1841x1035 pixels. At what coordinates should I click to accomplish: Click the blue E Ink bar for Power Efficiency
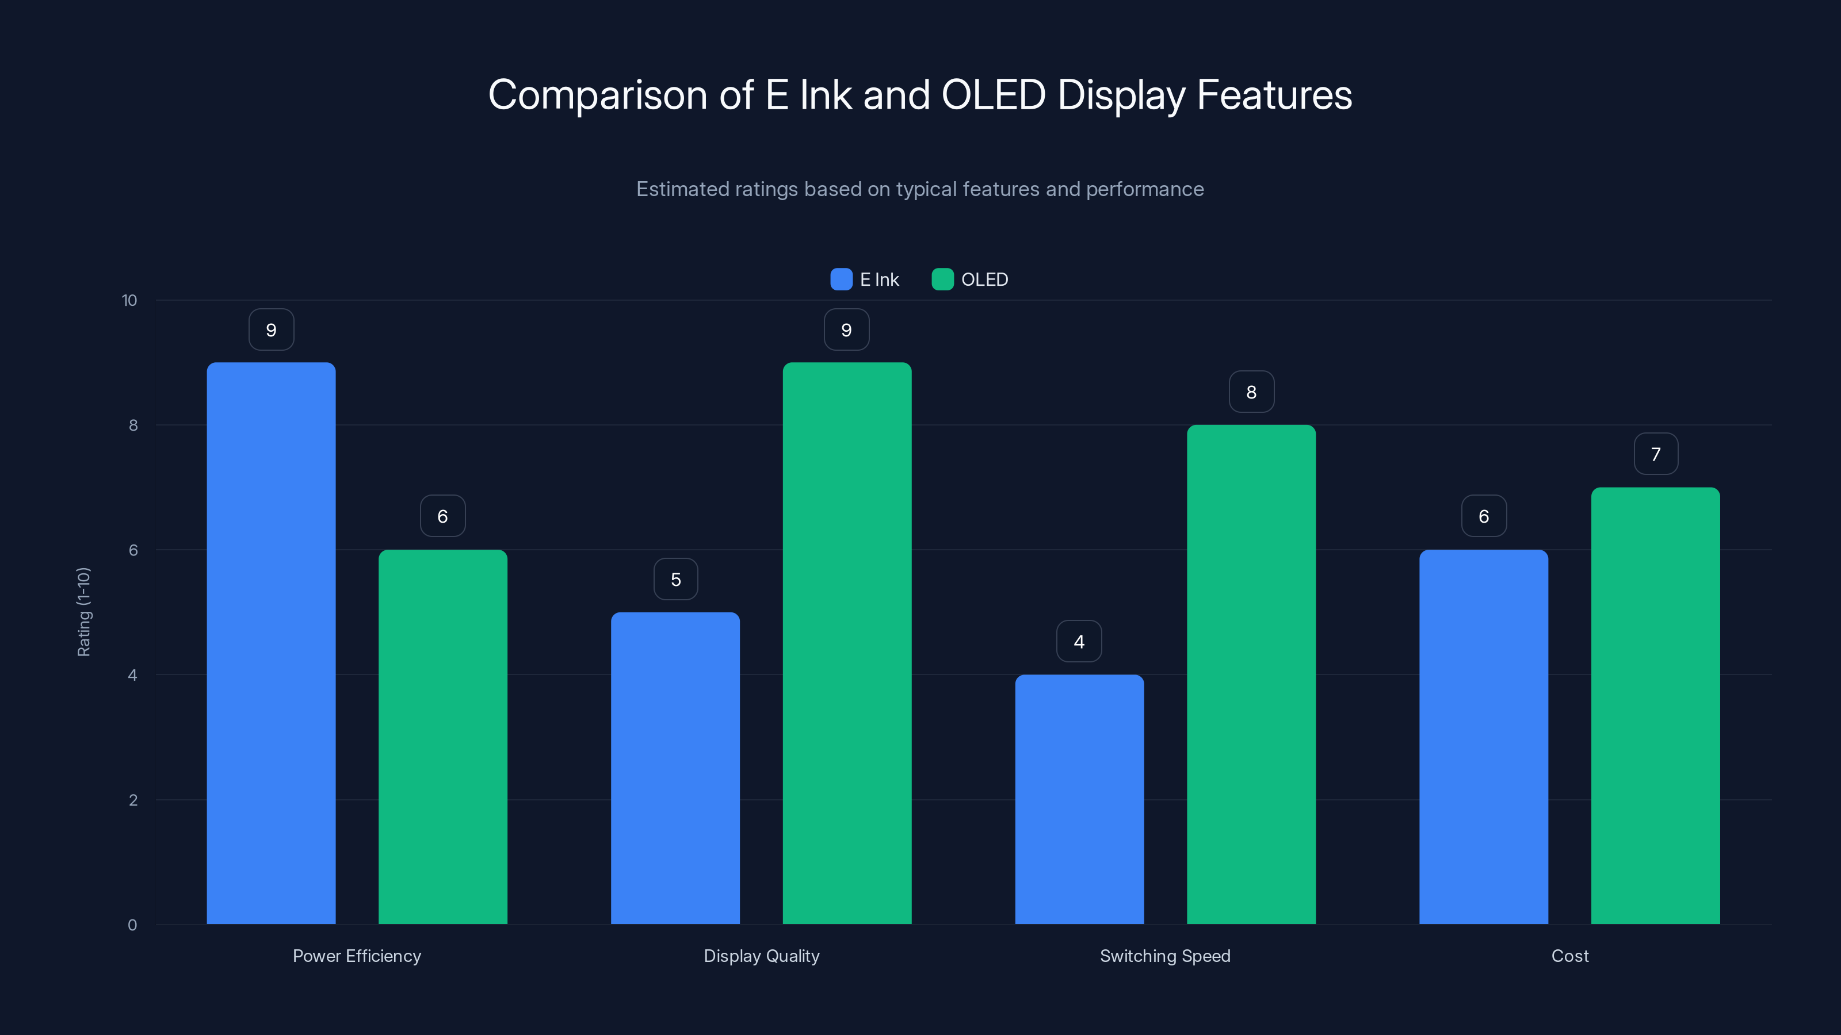pos(271,643)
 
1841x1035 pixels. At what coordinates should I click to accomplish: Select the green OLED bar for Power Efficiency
pos(442,736)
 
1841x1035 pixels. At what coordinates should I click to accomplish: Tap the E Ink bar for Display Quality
pos(675,768)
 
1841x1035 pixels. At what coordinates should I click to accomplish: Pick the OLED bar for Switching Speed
pos(1251,675)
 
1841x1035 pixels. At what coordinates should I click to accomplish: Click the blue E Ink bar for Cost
pos(1483,736)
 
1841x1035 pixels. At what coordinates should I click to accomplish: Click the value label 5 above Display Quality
pos(675,579)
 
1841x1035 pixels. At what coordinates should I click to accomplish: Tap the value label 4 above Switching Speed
pos(1079,642)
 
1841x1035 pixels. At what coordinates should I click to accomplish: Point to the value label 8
pos(1251,392)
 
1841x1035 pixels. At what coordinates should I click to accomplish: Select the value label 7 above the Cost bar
pos(1655,454)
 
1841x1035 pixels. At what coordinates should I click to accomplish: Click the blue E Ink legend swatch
pos(841,279)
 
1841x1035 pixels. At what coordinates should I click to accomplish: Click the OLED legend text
pos(984,279)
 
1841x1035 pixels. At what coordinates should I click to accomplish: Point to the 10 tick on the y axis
pos(129,300)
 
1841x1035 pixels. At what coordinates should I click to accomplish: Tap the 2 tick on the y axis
pos(133,800)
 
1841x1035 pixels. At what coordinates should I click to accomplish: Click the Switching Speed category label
pos(1165,956)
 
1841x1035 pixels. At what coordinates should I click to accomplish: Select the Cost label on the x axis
pos(1569,956)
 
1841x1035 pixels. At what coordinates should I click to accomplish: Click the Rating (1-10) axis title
pos(83,612)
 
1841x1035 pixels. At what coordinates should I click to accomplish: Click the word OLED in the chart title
pos(994,94)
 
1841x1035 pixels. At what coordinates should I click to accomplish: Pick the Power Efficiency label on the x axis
pos(357,956)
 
